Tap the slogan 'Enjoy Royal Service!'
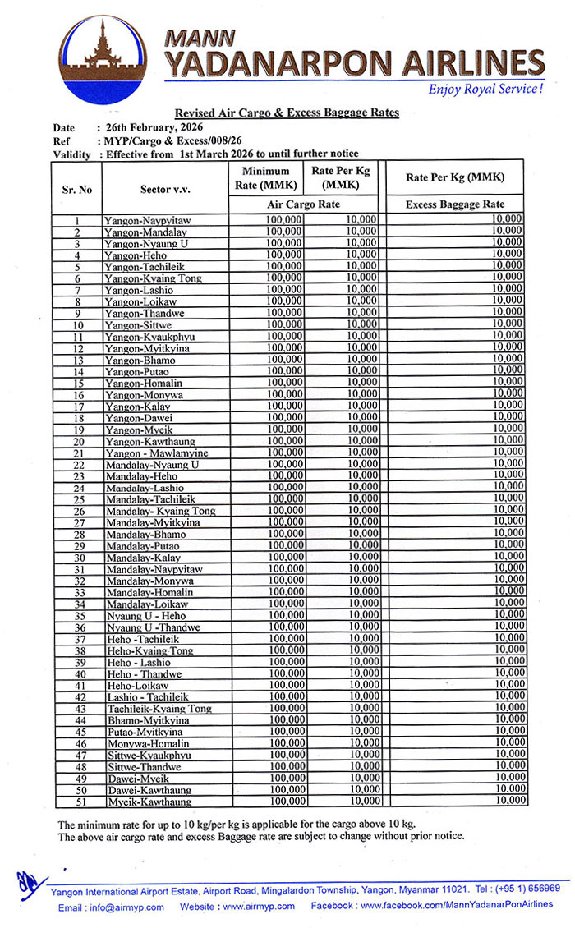click(485, 89)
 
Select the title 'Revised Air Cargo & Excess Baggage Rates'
click(287, 113)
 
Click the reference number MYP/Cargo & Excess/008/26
click(169, 140)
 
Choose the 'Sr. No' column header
click(76, 189)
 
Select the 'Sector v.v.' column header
click(165, 189)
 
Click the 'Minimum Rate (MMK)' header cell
click(266, 177)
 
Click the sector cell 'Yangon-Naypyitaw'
click(147, 221)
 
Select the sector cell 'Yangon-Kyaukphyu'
click(148, 337)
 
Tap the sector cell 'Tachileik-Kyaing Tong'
click(159, 709)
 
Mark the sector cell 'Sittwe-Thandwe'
click(144, 767)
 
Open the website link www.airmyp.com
click(260, 907)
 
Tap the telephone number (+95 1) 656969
click(527, 889)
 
